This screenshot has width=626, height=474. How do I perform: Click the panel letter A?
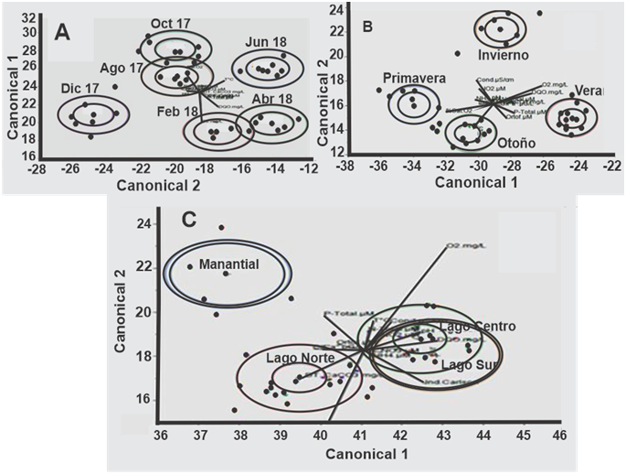tap(62, 31)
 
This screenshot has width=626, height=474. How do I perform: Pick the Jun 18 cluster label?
tap(263, 43)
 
